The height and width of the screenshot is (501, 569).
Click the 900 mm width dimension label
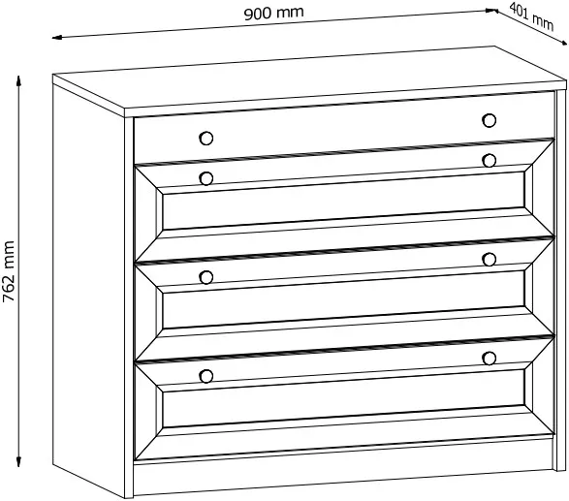[273, 13]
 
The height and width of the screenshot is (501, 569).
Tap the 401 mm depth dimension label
[531, 16]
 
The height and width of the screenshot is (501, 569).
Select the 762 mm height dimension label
[9, 271]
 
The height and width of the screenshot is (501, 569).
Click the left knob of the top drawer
[206, 139]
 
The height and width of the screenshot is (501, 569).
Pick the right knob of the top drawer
[490, 120]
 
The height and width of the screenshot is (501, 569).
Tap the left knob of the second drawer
[206, 178]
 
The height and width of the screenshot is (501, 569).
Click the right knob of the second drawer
[490, 160]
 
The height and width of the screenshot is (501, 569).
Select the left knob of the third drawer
[206, 277]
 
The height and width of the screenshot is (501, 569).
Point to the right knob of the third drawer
[490, 260]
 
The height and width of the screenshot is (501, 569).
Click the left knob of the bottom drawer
[206, 377]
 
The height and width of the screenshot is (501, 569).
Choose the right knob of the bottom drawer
[490, 359]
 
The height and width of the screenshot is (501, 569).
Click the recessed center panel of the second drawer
[344, 201]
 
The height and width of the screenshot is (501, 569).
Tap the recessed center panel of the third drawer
[344, 299]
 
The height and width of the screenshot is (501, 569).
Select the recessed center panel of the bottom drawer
[344, 398]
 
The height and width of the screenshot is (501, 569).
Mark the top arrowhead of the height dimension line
[18, 80]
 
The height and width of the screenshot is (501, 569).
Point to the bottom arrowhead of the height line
[18, 461]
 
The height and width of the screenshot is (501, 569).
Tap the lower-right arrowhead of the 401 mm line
[562, 43]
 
